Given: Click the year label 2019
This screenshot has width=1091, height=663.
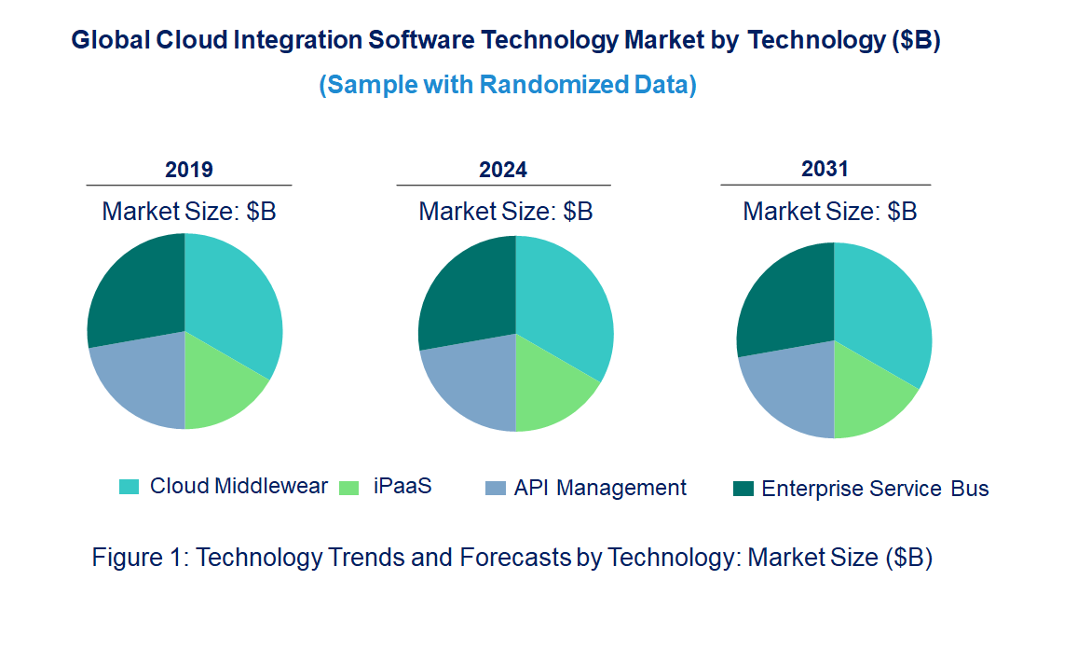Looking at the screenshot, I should (189, 170).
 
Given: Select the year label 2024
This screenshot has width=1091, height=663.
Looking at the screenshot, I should (503, 170).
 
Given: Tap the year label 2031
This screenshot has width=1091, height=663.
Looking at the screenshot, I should (825, 169).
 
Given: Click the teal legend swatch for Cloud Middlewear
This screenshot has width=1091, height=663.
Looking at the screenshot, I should (130, 487).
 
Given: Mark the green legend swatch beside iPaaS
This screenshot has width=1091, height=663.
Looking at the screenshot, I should (348, 487).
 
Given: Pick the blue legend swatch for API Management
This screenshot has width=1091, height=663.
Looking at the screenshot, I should (496, 488).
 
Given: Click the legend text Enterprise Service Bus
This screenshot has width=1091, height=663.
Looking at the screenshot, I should (874, 489).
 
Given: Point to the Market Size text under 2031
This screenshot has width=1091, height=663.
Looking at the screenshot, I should (829, 212).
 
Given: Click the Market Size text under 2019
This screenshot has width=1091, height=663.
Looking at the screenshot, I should (189, 212).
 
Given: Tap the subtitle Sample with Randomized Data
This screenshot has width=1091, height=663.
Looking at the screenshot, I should (508, 85).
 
